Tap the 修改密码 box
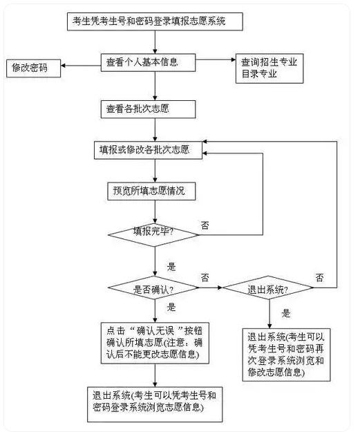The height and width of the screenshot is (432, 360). (32, 68)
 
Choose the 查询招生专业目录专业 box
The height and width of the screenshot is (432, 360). (269, 68)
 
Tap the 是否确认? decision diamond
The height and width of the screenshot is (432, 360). (154, 288)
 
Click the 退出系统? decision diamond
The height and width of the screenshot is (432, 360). (268, 288)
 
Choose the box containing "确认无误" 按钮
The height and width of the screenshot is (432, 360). (154, 341)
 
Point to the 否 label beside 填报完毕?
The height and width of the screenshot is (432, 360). (205, 225)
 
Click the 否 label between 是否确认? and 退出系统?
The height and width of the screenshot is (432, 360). (205, 276)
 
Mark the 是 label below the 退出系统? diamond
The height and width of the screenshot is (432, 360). (286, 313)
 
